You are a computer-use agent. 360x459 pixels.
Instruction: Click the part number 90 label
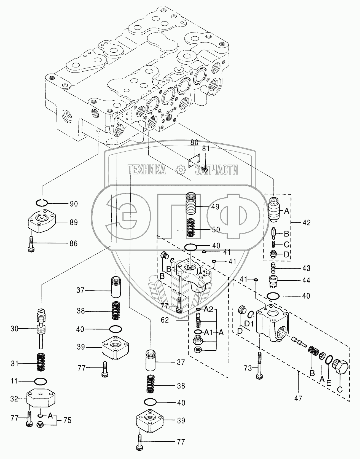tap(74, 204)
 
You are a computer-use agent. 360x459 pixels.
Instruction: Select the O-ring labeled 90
tap(42, 203)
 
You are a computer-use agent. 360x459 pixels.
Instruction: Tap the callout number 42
tap(306, 222)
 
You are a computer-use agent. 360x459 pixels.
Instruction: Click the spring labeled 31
tap(41, 363)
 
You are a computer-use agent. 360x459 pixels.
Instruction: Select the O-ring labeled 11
tap(41, 382)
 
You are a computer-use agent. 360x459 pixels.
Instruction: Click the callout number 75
tap(67, 421)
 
